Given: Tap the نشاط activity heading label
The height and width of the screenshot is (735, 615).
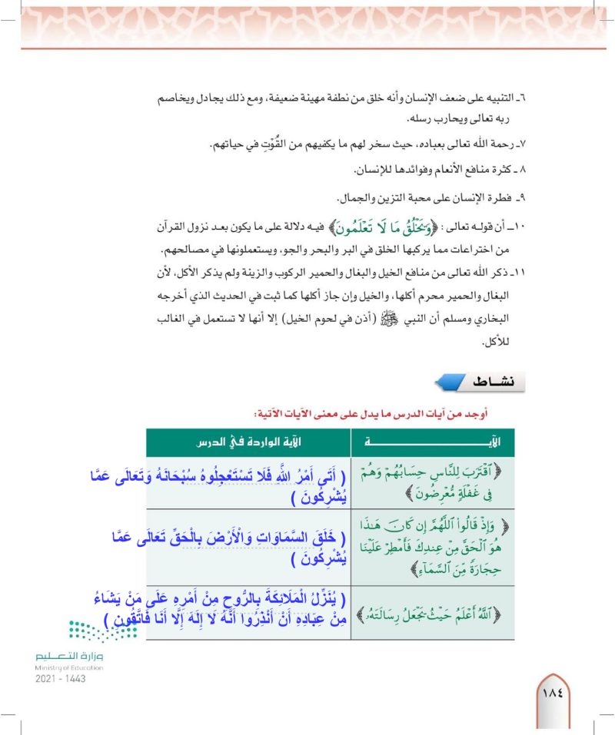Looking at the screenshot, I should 494,380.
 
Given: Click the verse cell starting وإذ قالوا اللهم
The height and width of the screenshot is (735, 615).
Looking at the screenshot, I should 433,546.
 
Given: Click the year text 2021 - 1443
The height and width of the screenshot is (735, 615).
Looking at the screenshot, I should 60,679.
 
